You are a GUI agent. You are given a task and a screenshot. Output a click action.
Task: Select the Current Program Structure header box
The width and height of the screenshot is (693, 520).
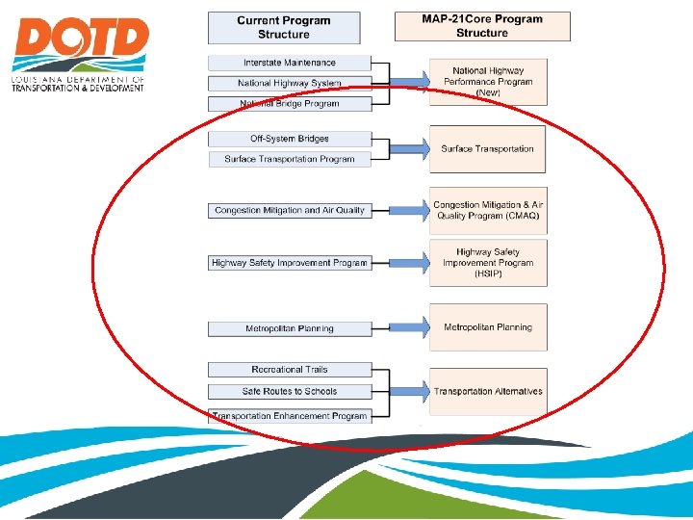284,27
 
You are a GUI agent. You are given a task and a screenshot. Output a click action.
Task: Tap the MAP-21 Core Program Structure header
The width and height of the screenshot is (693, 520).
482,26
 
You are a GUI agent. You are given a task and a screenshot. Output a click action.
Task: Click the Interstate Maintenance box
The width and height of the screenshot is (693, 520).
290,63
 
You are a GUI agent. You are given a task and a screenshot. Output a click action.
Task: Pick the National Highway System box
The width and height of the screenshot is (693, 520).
290,84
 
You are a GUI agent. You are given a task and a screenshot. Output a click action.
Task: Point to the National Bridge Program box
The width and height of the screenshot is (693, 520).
290,104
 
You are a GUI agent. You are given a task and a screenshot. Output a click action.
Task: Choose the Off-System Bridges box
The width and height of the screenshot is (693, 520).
290,139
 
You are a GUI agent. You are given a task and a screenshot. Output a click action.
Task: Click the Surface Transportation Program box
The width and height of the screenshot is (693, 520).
290,159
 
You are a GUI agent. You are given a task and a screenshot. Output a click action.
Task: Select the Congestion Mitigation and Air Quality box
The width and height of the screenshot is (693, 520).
290,210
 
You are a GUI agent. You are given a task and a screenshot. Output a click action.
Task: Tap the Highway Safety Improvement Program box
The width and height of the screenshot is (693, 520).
290,263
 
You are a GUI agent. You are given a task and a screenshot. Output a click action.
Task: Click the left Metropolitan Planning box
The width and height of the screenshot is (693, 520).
290,328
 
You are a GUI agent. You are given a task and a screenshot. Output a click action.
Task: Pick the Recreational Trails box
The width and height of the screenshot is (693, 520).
290,370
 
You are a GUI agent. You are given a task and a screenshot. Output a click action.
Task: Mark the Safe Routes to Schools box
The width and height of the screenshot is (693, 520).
290,391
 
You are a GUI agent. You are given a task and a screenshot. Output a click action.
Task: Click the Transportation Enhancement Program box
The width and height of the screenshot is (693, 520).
290,416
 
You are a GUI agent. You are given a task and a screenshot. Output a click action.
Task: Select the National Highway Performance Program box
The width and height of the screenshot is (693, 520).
487,82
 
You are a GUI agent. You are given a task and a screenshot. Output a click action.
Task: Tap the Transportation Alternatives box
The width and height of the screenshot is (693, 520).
487,392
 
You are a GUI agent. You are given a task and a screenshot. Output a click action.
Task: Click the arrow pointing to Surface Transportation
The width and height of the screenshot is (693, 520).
409,149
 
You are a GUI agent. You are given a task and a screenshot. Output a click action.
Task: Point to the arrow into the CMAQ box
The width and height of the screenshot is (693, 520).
409,210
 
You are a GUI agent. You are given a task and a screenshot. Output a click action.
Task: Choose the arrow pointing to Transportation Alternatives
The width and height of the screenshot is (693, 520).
409,392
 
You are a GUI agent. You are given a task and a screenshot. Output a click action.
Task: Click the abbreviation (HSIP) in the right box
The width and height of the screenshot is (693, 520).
487,274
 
